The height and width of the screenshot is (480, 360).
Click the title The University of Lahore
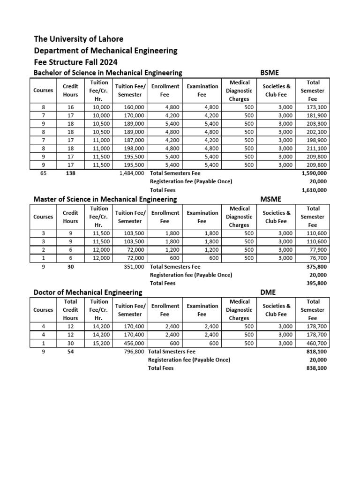[78, 39]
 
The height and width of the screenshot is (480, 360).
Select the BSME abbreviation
[270, 72]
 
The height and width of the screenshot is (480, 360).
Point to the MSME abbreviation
[271, 199]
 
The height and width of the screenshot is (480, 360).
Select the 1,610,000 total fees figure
[315, 190]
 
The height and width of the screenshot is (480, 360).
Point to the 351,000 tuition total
[135, 267]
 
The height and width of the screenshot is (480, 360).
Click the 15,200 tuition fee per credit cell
[101, 343]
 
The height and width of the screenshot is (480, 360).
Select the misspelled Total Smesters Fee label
[172, 352]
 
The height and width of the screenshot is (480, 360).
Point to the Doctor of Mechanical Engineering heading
[88, 292]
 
